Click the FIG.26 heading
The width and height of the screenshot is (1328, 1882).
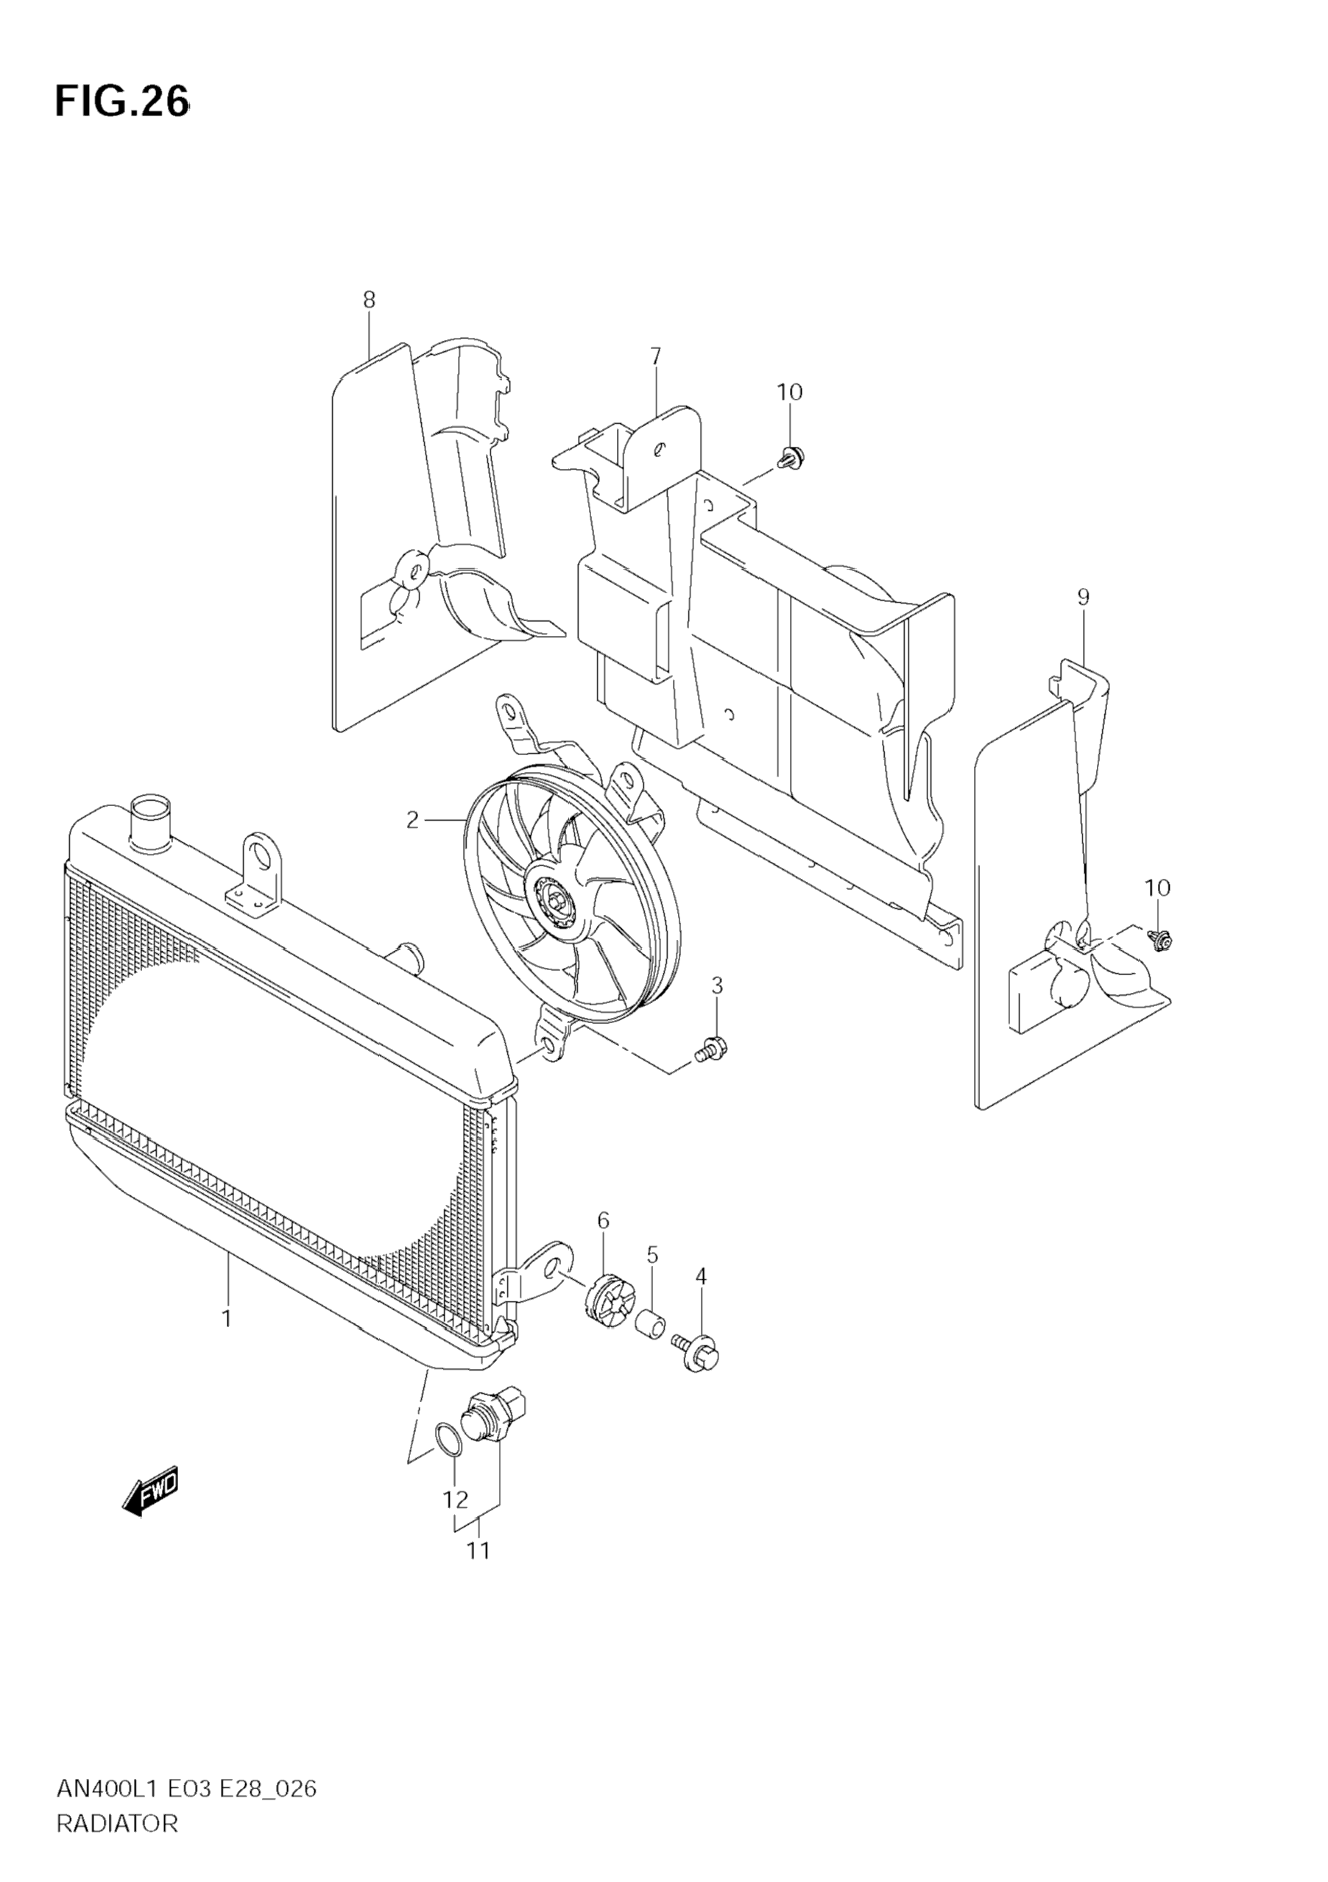pyautogui.click(x=122, y=102)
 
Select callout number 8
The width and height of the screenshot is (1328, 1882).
pyautogui.click(x=369, y=300)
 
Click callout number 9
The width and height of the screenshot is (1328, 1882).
pyautogui.click(x=1083, y=598)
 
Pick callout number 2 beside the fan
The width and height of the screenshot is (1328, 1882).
pyautogui.click(x=412, y=819)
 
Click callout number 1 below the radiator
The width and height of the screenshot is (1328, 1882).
pyautogui.click(x=226, y=1319)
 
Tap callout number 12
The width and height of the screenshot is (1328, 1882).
pyautogui.click(x=455, y=1499)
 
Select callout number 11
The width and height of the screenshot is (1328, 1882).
pyautogui.click(x=478, y=1551)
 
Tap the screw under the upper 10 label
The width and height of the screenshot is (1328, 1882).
pyautogui.click(x=791, y=457)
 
